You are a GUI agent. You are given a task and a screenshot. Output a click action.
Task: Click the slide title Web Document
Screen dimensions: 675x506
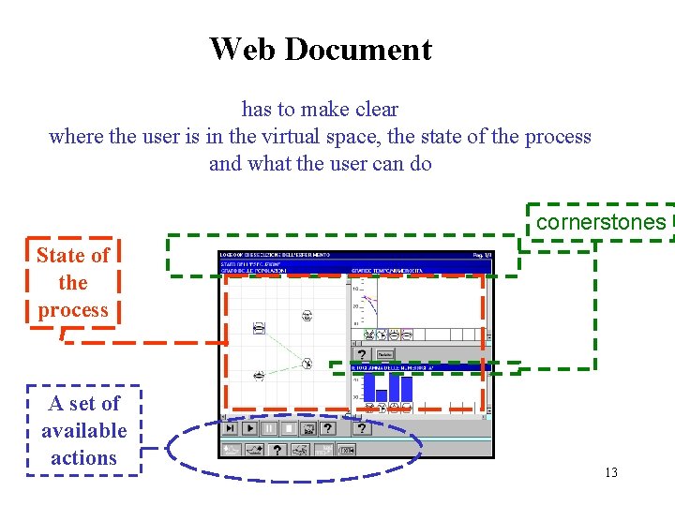point(321,49)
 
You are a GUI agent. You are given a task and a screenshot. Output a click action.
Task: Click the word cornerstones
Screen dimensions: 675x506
point(601,223)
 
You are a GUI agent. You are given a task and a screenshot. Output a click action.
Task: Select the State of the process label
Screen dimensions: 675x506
point(73,282)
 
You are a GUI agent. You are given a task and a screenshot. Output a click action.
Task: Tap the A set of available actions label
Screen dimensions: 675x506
point(84,430)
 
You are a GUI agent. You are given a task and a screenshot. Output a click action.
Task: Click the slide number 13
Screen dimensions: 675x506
point(611,472)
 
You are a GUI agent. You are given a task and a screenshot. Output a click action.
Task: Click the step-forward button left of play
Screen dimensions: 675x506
point(231,428)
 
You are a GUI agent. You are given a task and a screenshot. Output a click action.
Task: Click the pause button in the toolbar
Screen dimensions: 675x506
point(270,428)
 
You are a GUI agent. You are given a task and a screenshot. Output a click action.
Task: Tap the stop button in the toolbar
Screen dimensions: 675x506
point(290,428)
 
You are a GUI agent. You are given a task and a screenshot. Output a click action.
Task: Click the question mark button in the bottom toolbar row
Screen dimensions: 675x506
point(277,450)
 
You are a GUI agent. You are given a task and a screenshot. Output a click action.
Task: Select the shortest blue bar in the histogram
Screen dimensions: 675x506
point(382,396)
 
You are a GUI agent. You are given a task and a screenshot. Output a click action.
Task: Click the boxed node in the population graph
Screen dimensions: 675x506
point(259,328)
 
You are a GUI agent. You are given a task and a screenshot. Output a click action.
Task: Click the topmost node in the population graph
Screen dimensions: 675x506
point(307,316)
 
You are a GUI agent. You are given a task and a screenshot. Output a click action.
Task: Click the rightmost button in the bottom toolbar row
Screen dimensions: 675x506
point(346,450)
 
